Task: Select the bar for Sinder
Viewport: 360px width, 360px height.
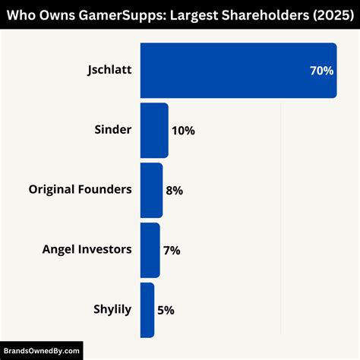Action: tap(153, 131)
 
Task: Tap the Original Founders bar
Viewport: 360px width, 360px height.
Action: tap(150, 190)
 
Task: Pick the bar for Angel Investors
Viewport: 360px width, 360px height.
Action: tap(150, 250)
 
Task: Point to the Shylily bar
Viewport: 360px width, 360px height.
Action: tap(147, 310)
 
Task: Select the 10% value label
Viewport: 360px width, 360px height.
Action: tap(183, 131)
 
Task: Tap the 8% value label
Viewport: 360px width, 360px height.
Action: tap(174, 191)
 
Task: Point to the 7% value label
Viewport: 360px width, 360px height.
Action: tap(171, 250)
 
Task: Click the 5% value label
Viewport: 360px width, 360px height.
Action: tap(166, 310)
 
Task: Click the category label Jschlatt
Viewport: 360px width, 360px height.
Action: tap(109, 71)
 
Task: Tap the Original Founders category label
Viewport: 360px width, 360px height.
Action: tap(80, 189)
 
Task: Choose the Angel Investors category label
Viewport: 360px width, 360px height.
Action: tap(87, 249)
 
